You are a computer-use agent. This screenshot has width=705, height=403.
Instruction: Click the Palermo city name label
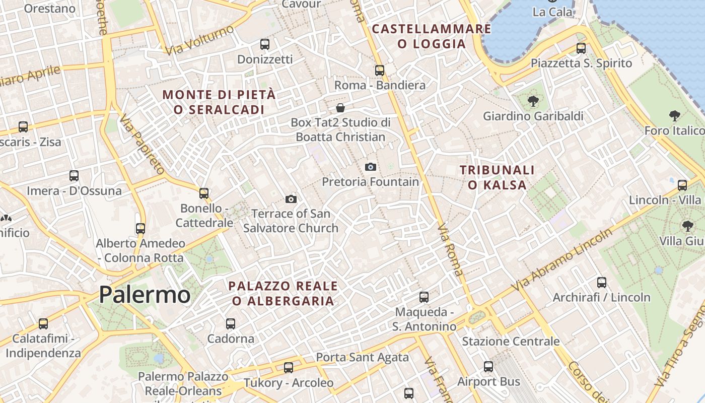145,295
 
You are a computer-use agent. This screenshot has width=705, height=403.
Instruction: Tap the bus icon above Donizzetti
265,44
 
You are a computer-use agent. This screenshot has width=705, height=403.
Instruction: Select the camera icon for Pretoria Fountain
371,167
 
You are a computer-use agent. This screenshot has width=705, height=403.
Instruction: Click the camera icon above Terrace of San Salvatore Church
291,199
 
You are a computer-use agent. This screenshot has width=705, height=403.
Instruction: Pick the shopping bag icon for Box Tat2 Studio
340,108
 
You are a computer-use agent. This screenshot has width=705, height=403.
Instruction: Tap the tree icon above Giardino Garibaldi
533,101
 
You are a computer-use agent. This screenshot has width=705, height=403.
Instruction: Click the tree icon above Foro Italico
674,116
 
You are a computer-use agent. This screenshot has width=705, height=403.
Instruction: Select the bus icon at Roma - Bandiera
380,71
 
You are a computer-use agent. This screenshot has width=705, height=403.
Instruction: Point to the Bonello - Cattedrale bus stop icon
204,193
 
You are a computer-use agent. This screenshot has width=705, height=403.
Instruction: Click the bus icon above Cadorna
231,323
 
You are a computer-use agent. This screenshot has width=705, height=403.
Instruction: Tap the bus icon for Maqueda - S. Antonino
424,297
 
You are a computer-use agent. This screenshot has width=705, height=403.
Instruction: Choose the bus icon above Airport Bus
488,367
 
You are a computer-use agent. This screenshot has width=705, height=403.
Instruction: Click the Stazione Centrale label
511,342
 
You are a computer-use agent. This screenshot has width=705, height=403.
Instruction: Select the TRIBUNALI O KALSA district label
497,178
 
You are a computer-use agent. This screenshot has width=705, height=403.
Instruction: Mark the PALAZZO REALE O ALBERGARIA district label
283,294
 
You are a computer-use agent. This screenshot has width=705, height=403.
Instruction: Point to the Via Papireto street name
142,144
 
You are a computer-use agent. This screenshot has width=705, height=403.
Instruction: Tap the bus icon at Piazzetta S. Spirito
581,48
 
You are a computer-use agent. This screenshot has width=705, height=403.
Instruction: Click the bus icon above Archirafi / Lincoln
602,283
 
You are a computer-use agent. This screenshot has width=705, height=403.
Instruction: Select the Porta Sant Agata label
362,358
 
